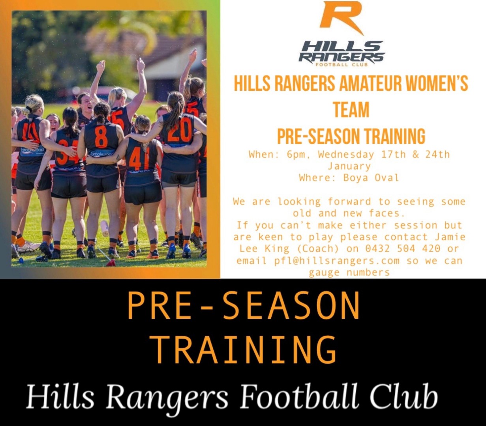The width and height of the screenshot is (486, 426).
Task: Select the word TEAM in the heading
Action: (x=351, y=110)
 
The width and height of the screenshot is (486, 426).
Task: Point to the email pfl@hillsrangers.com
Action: (x=337, y=261)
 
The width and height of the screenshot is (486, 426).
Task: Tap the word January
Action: (x=349, y=166)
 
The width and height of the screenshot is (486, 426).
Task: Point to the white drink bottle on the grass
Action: (x=105, y=228)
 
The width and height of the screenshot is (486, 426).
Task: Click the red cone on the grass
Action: (x=111, y=263)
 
